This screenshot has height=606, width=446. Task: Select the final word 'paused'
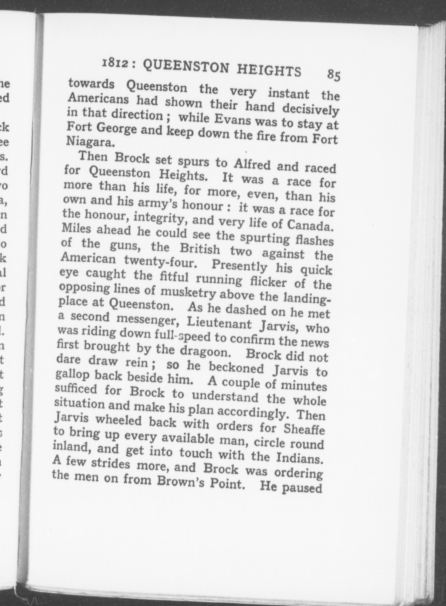point(301,488)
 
